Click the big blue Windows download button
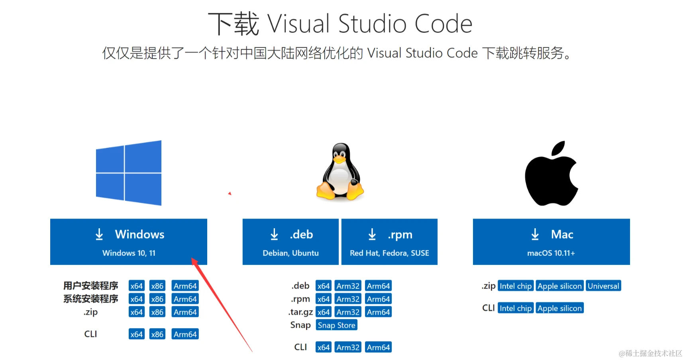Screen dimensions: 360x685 pos(128,241)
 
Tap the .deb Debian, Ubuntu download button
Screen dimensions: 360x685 pos(290,241)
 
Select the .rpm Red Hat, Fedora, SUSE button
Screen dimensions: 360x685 pos(389,241)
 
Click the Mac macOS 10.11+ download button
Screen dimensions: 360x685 pos(551,241)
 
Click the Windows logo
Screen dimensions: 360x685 pos(129,173)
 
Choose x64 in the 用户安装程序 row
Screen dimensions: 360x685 pos(136,286)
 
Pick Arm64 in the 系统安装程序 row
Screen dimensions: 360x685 pos(185,299)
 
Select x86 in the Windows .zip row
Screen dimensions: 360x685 pos(157,312)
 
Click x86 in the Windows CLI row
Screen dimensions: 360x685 pos(157,335)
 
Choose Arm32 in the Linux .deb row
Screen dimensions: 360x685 pos(348,286)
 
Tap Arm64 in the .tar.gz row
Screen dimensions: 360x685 pos(378,312)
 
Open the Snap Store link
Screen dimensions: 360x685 pos(336,325)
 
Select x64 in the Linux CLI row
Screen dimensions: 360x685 pos(323,347)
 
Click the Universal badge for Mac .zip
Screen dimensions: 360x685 pos(603,286)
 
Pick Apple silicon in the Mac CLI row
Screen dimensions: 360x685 pos(559,308)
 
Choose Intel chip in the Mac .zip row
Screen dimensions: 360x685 pos(516,286)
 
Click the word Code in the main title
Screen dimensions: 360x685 pos(443,24)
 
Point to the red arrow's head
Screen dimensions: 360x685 pos(194,260)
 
